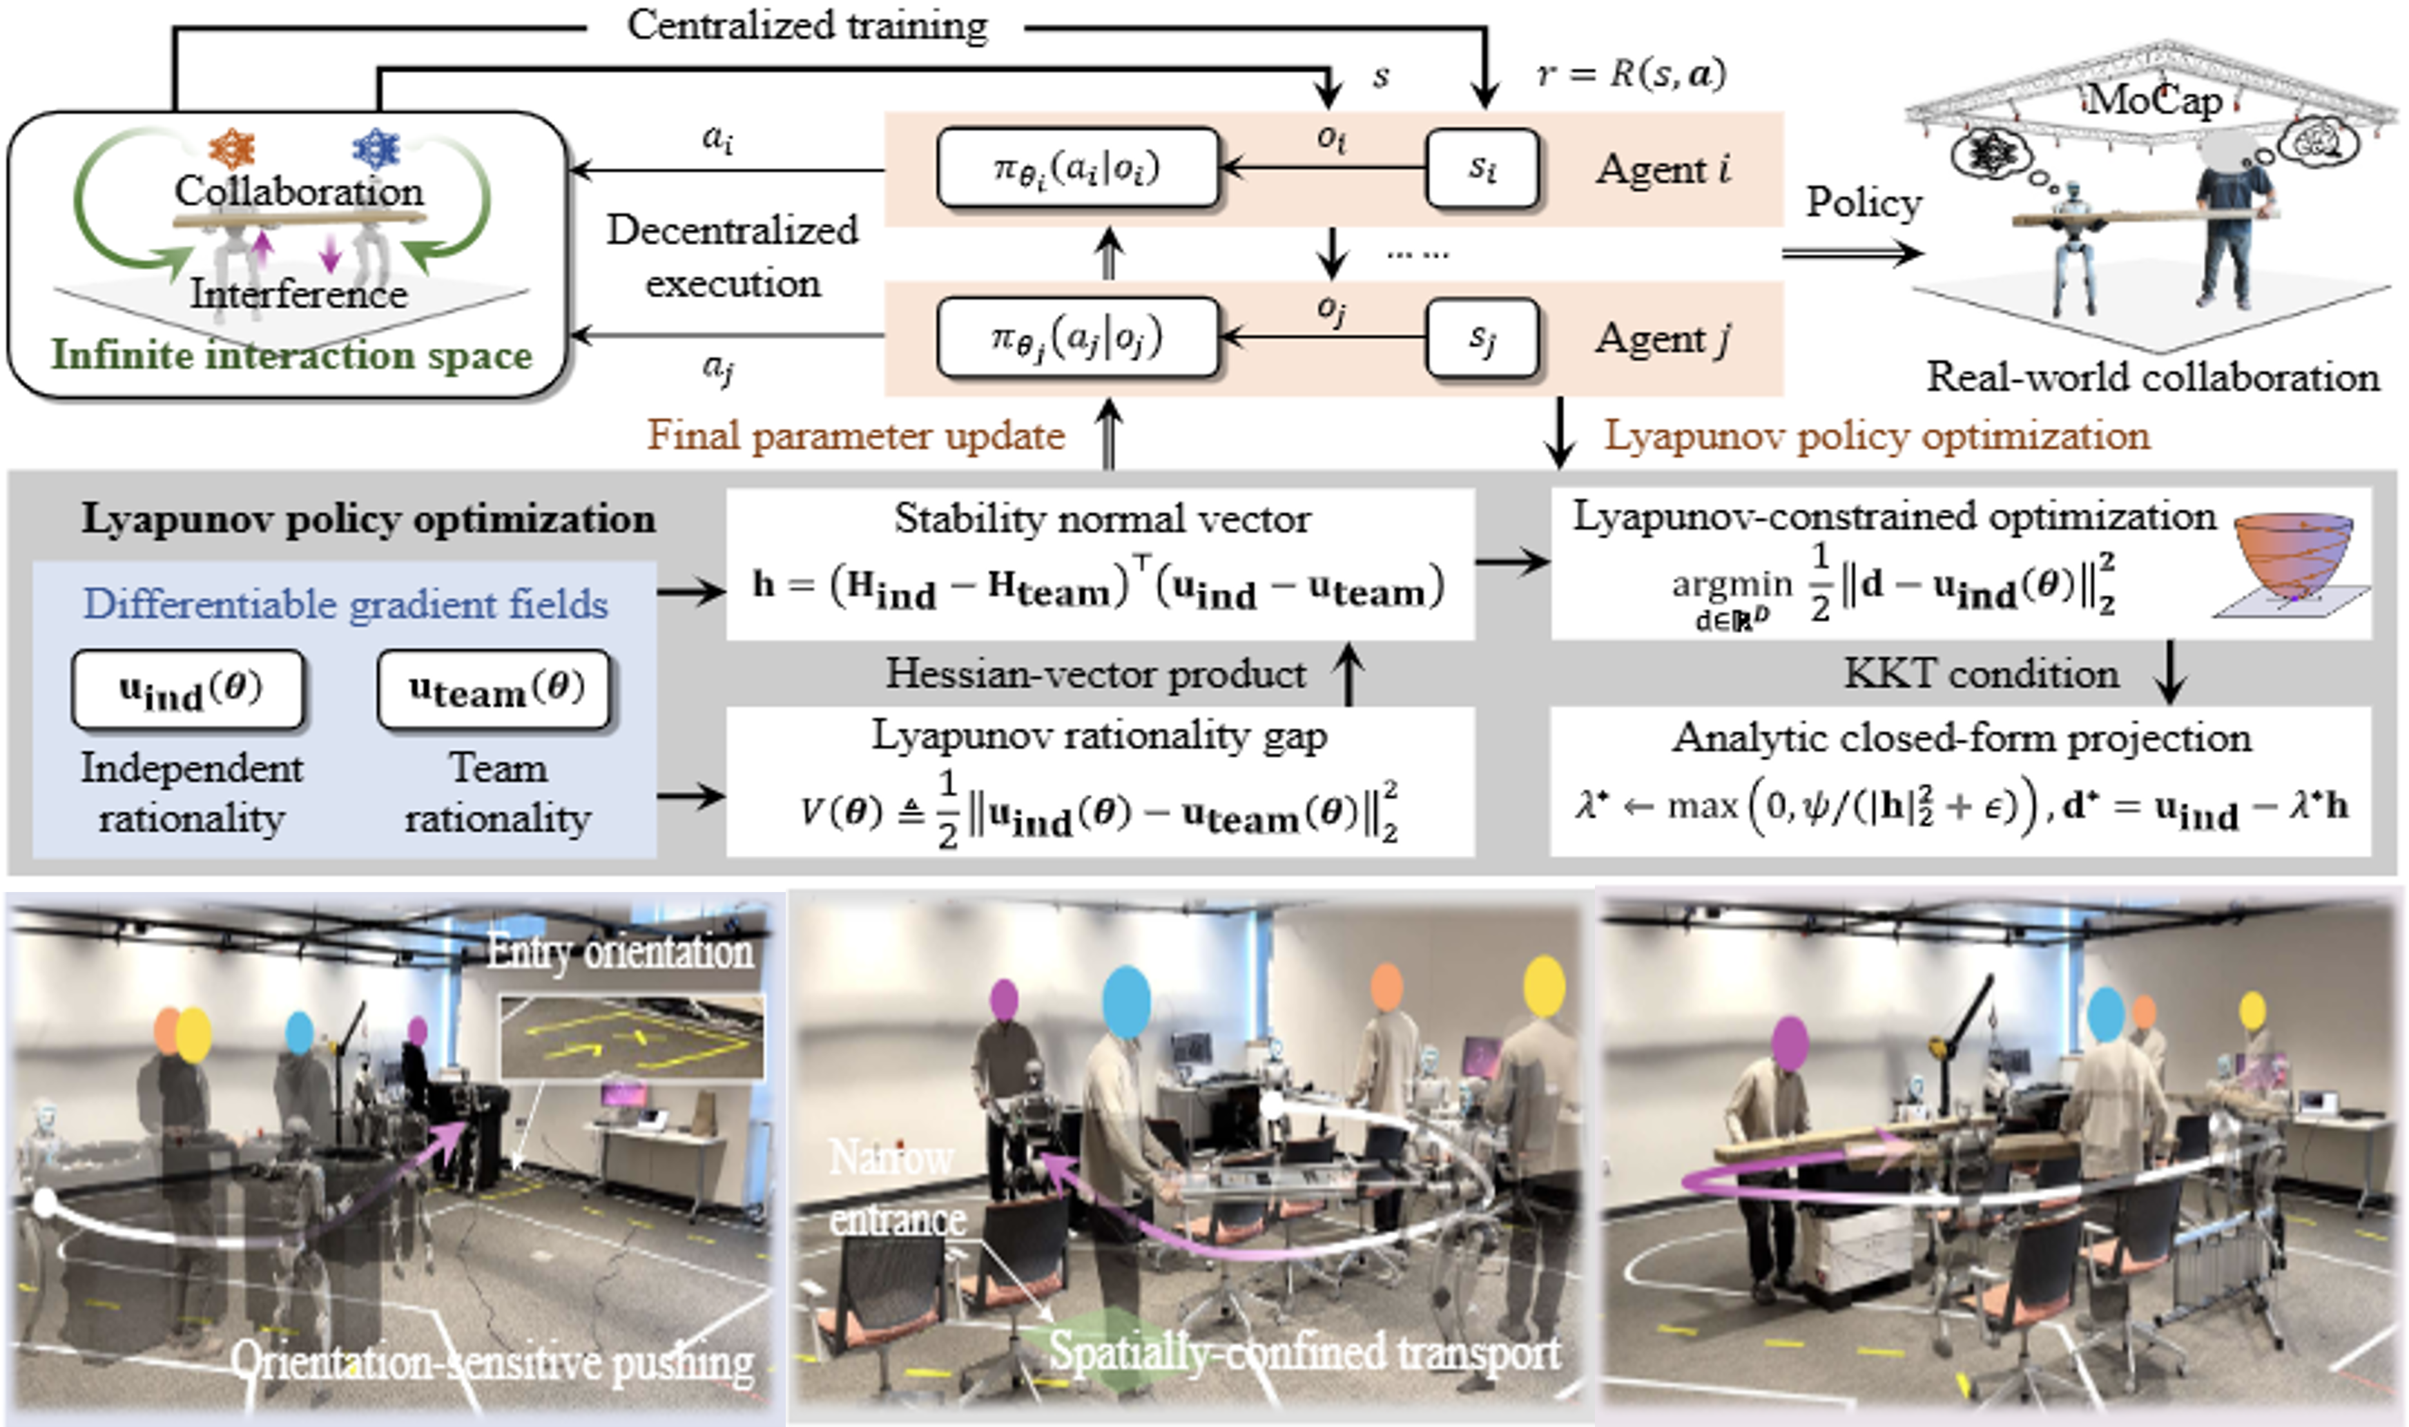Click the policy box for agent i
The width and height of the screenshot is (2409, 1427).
point(1077,168)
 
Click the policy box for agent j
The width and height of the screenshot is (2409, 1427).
point(1077,337)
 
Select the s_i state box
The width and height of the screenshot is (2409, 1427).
point(1482,168)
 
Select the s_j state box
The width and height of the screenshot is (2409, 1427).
point(1482,337)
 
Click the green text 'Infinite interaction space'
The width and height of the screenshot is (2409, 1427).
point(291,355)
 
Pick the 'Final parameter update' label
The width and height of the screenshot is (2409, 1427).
point(856,436)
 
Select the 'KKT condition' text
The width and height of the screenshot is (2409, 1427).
point(1981,673)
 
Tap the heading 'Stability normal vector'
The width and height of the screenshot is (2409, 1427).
point(1102,518)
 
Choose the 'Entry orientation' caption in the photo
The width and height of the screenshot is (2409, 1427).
point(620,952)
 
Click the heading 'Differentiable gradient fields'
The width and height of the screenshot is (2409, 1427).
point(345,604)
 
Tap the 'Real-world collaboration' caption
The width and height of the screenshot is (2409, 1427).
point(2152,377)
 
